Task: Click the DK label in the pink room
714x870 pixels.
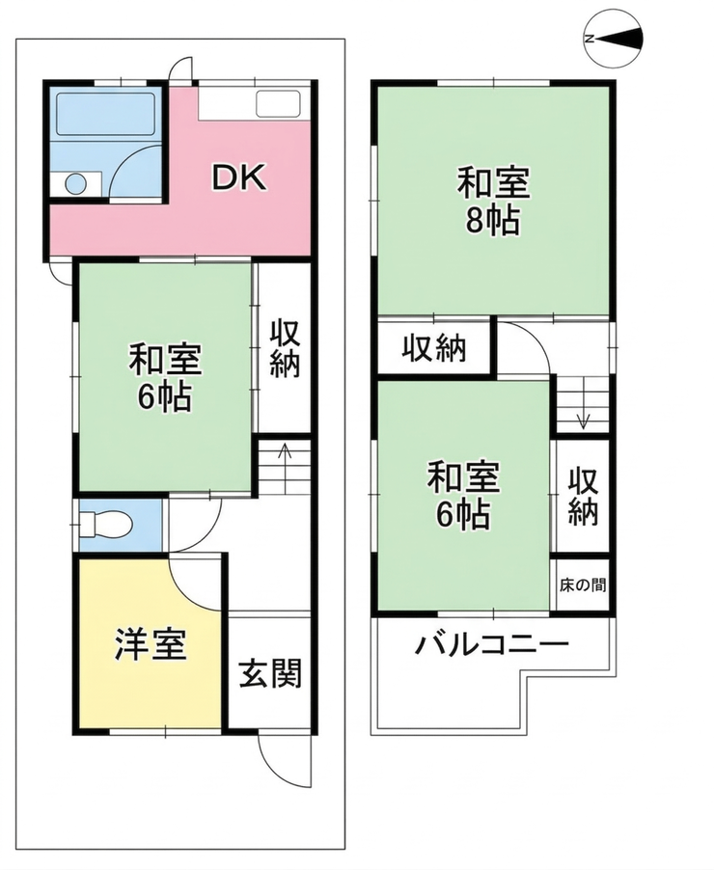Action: (239, 177)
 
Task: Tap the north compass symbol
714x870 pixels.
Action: (615, 39)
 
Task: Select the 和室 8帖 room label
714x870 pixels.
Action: (494, 202)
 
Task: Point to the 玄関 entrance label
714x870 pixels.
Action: (270, 673)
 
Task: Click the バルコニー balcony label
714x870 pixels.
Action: (492, 644)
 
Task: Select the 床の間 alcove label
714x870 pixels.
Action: (583, 585)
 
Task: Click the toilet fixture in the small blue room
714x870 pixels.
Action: (105, 524)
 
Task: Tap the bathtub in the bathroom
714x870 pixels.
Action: (105, 113)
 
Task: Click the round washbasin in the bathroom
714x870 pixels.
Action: (75, 183)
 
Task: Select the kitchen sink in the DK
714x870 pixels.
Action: (278, 104)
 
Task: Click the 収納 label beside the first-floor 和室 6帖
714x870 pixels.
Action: (285, 348)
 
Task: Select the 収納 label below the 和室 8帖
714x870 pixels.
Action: (434, 348)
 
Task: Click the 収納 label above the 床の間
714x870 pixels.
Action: (583, 497)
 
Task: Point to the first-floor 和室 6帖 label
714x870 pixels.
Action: (165, 378)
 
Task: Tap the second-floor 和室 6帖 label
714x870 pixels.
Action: (463, 496)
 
